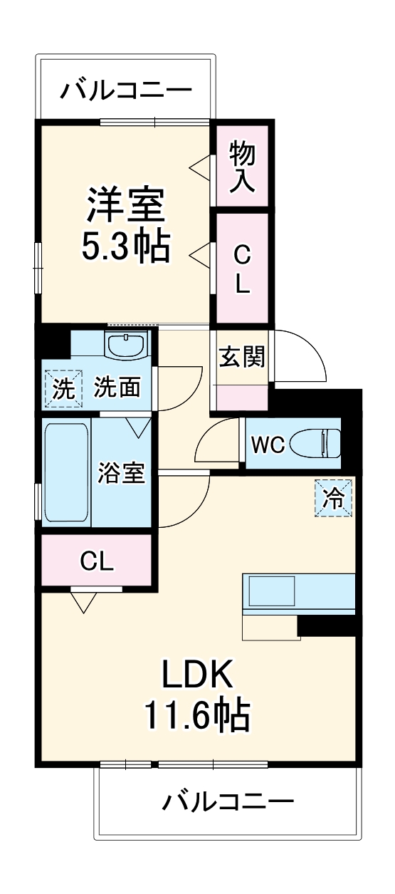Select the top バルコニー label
125,90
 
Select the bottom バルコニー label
227,803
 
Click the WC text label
267,445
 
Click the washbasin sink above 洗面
126,345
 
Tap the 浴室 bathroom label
122,473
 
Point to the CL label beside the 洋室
242,269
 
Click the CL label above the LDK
96,561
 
